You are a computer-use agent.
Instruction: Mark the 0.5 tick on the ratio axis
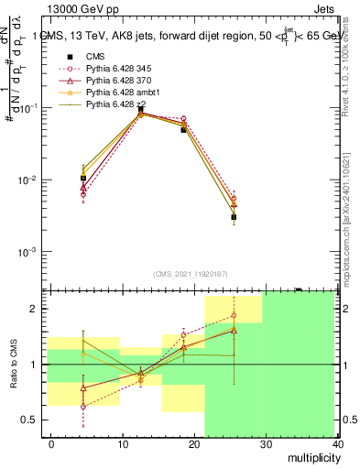(x=31, y=420)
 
